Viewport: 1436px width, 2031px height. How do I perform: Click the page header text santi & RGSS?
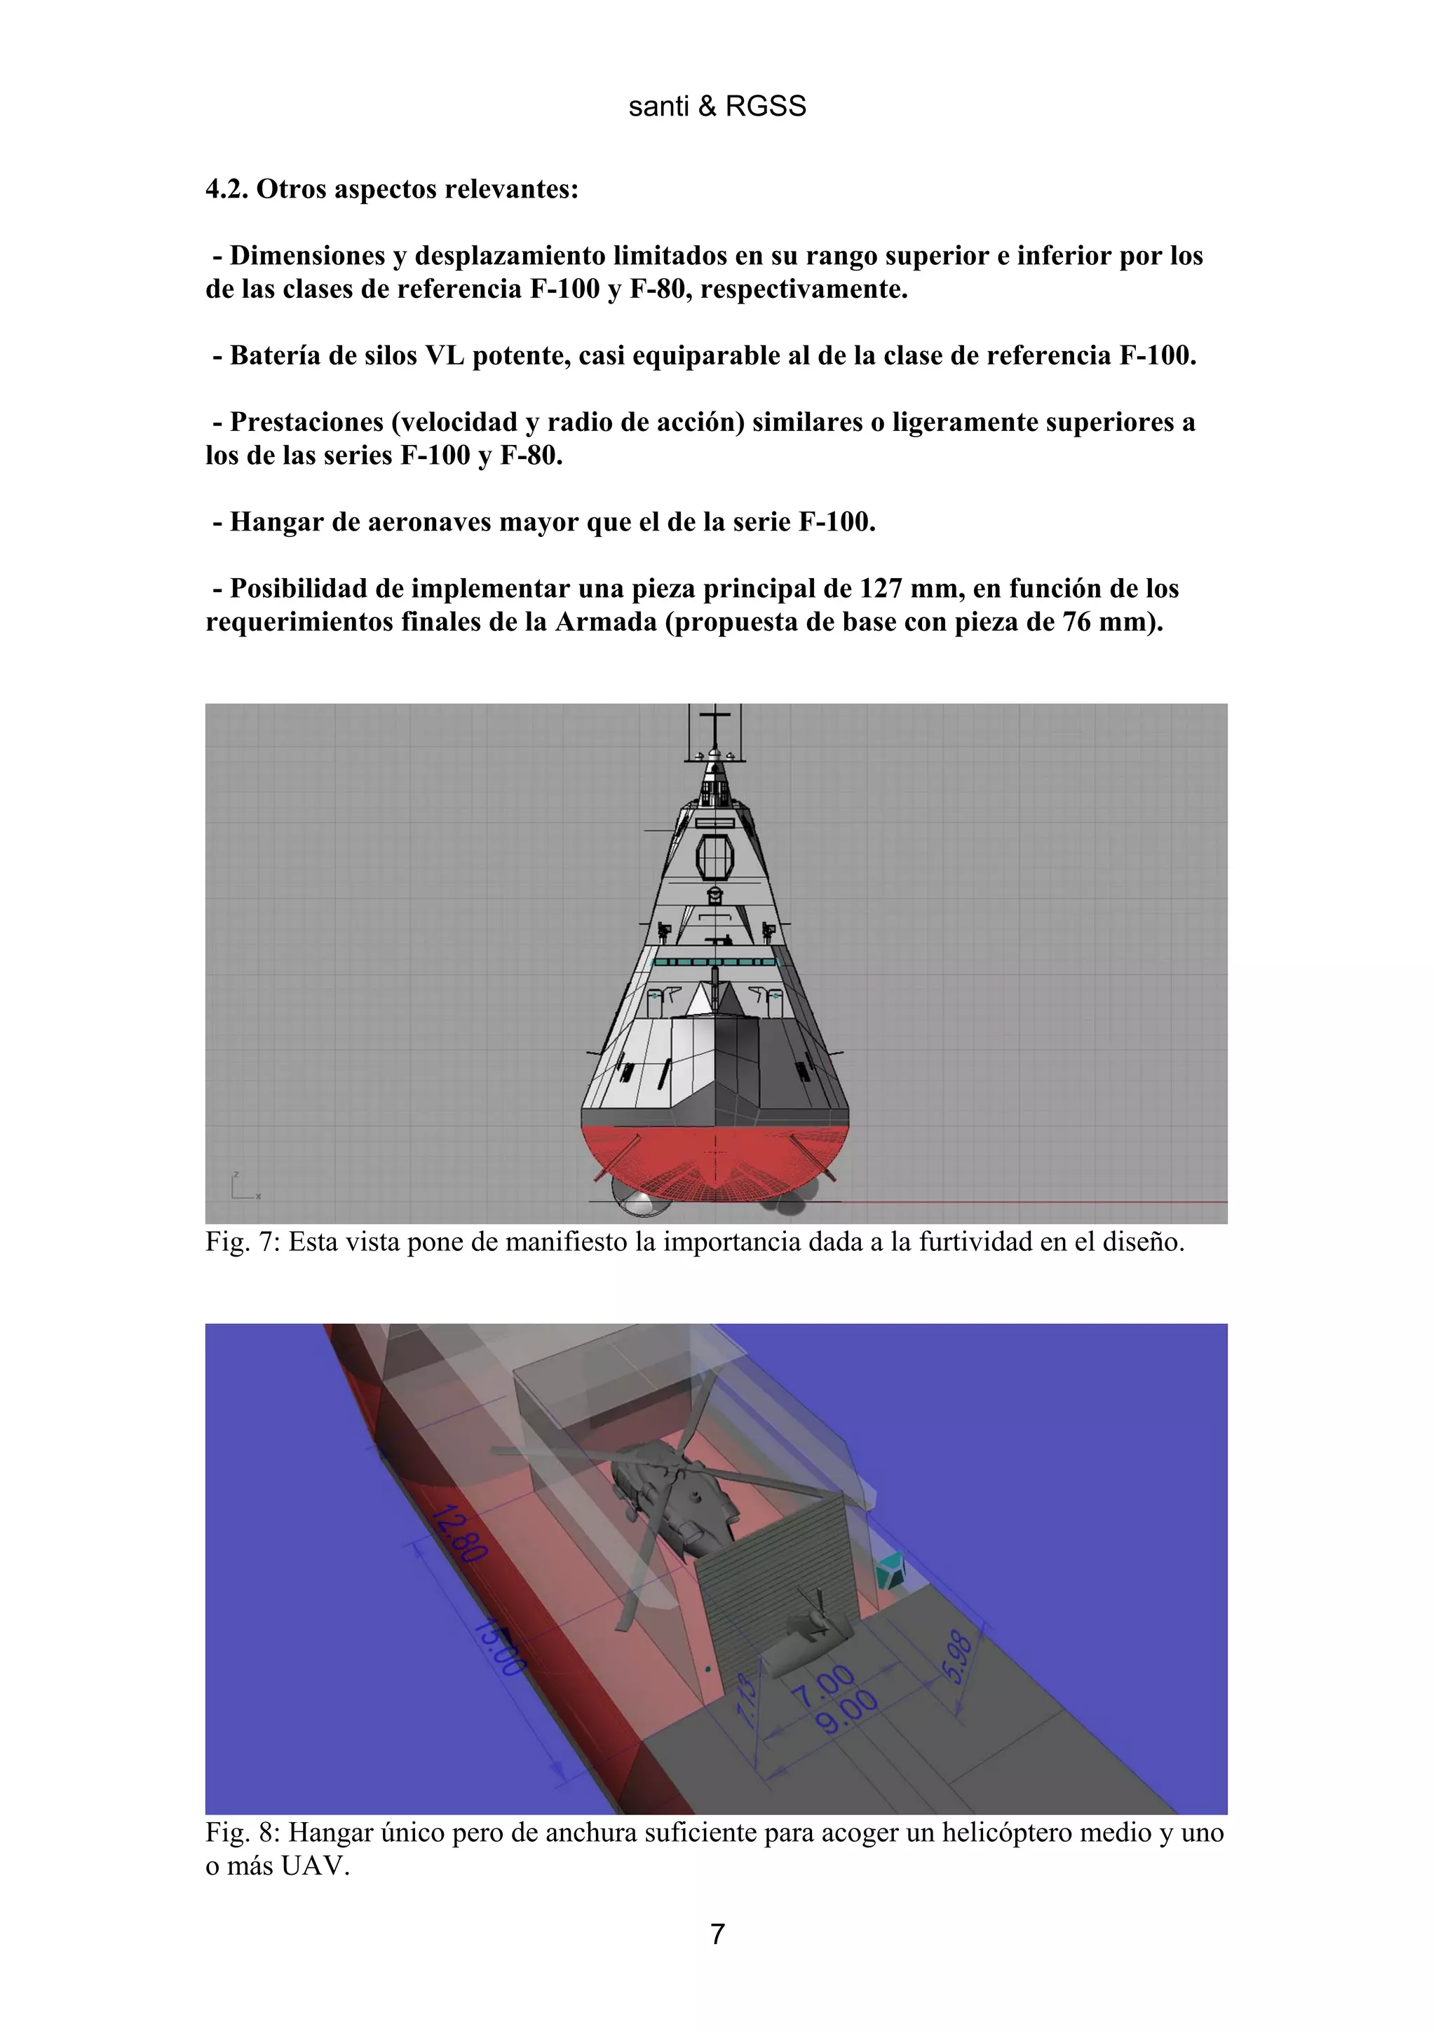coord(717,106)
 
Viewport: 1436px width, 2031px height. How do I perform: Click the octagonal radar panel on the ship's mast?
coord(715,856)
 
